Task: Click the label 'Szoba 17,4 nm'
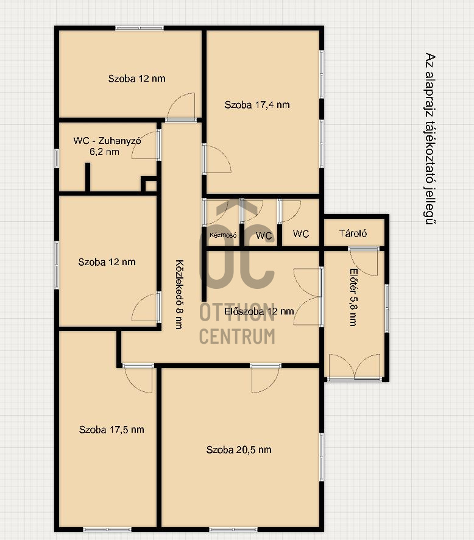click(x=256, y=105)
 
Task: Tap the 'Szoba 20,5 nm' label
click(x=239, y=450)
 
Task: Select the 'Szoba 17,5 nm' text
click(x=111, y=430)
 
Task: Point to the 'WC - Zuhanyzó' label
click(x=107, y=141)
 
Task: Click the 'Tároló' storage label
click(x=353, y=233)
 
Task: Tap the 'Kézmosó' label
click(x=223, y=235)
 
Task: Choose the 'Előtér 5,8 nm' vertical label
click(x=353, y=297)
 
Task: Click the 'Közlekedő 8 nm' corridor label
click(x=179, y=294)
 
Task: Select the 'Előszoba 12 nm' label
click(x=259, y=311)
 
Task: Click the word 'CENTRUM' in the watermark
click(x=237, y=336)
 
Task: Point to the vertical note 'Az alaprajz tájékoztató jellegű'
click(x=430, y=139)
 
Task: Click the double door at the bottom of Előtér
click(x=355, y=367)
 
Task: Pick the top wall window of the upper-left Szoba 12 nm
click(x=140, y=28)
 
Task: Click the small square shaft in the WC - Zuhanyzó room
click(x=149, y=184)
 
